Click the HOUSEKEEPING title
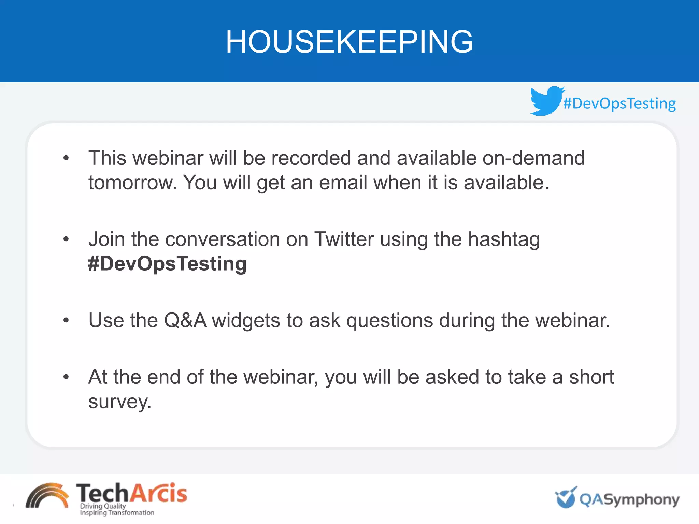click(x=349, y=42)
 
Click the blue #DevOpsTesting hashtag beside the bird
click(x=619, y=103)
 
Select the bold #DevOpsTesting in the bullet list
click(x=167, y=264)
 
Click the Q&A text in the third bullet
click(x=185, y=320)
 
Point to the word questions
click(x=389, y=321)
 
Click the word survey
click(x=119, y=402)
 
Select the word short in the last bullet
click(x=591, y=377)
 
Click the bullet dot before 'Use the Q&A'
click(x=66, y=320)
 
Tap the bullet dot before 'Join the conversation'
click(x=66, y=239)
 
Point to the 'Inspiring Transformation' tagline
click(x=117, y=513)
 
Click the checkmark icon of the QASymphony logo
click(x=566, y=497)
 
